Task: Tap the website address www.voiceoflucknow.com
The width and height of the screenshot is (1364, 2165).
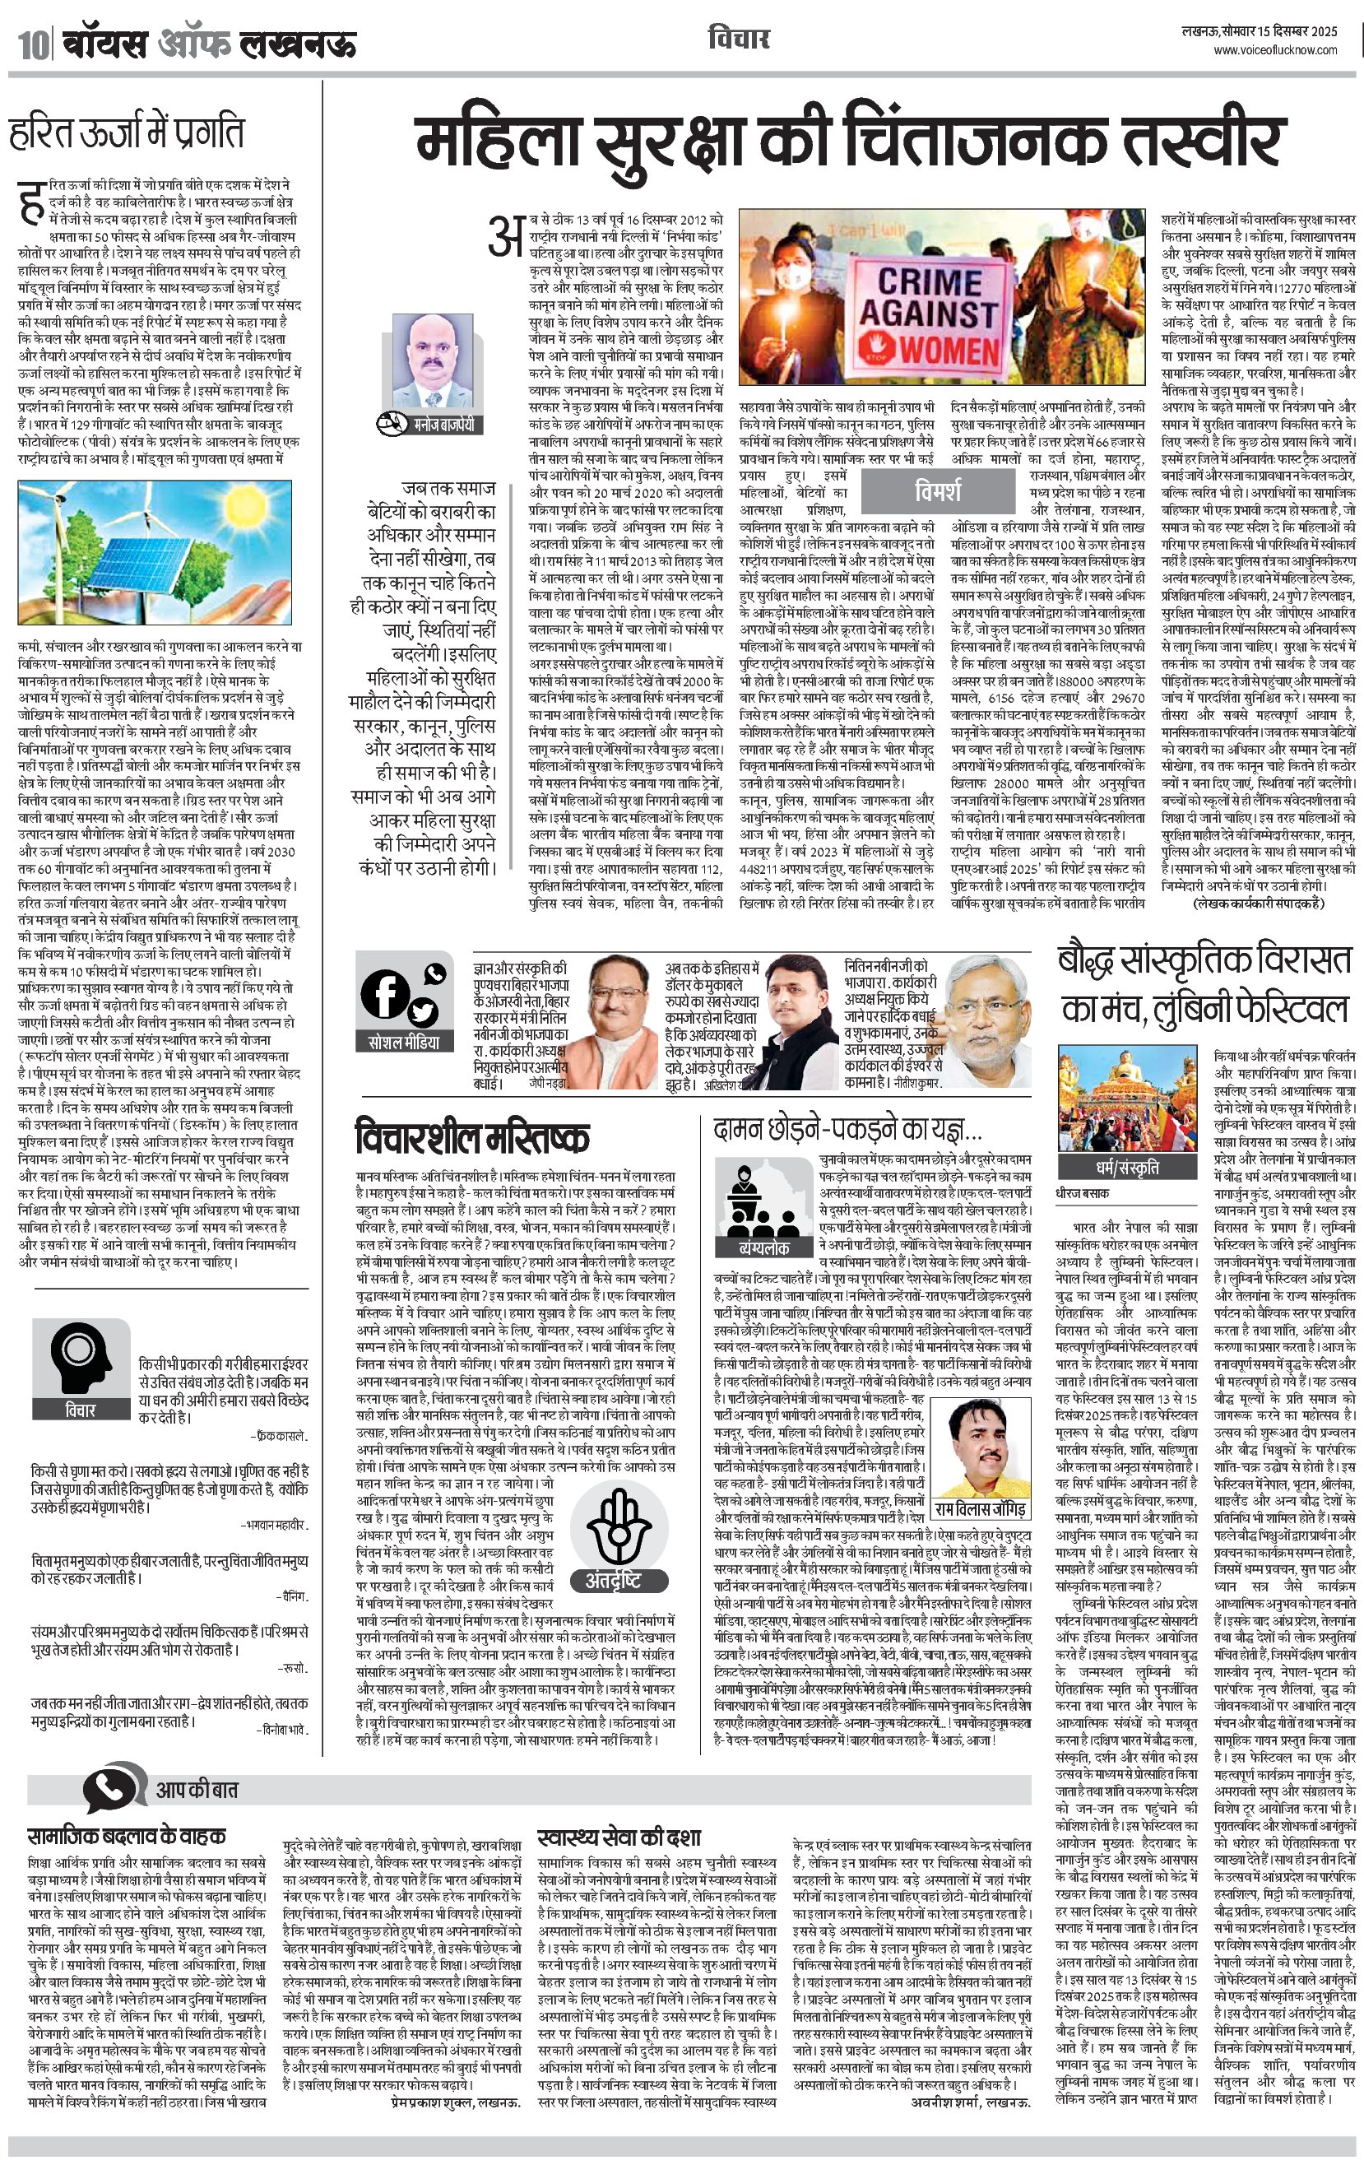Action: (1275, 50)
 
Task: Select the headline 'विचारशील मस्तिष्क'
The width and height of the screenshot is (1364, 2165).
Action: (472, 1137)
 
